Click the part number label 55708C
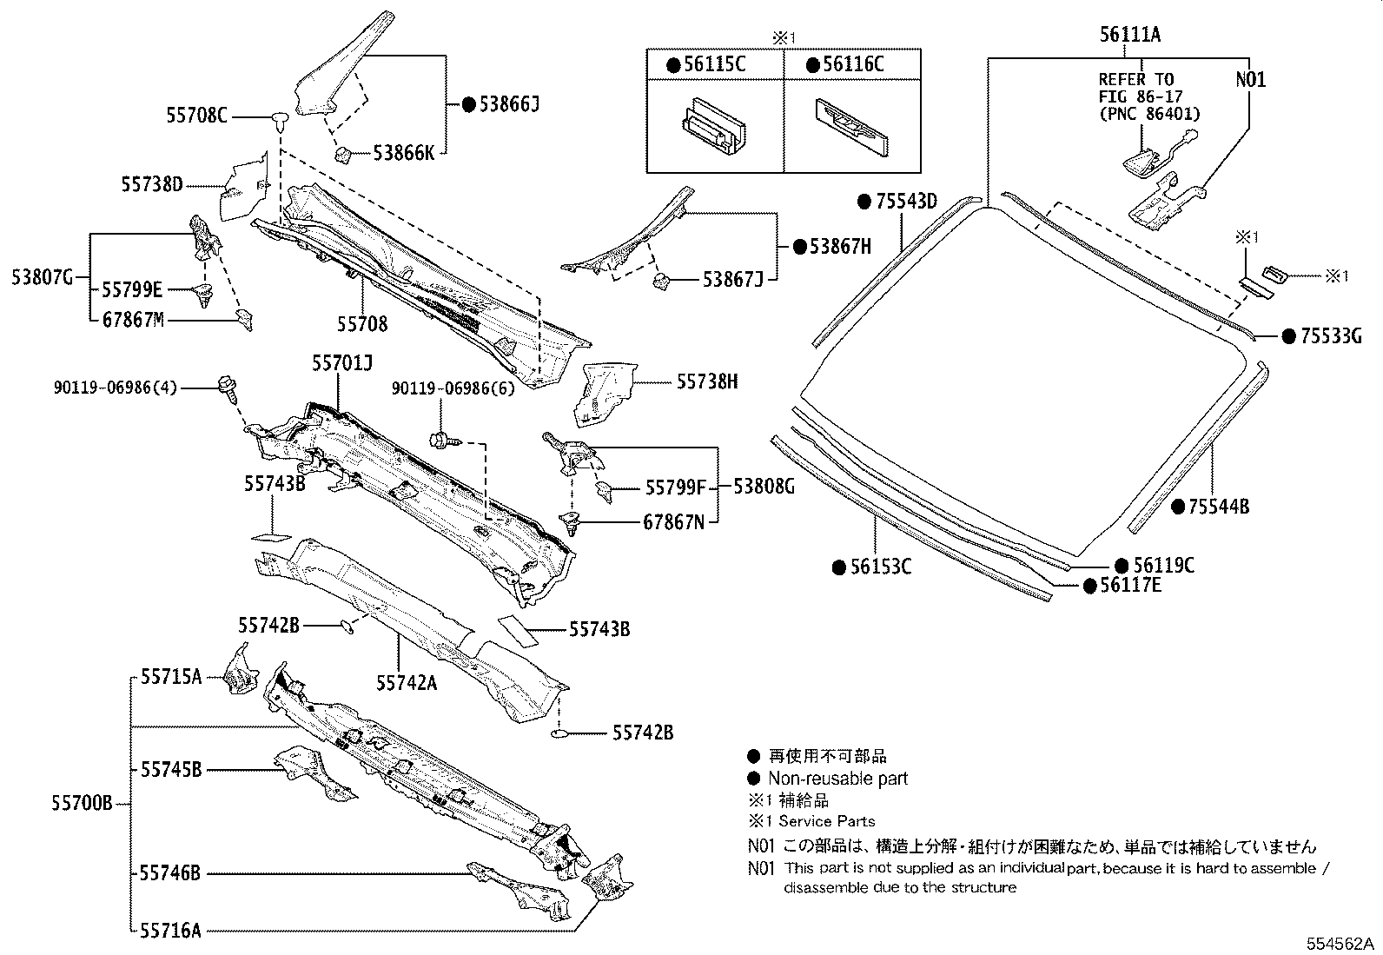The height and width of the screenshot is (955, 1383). [196, 114]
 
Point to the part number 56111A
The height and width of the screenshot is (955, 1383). [1130, 35]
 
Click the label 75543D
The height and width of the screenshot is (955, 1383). [906, 202]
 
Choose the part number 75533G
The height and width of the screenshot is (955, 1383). [1330, 336]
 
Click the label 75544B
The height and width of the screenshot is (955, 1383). [1218, 506]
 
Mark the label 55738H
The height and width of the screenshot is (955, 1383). [707, 381]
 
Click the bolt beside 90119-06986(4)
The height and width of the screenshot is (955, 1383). [229, 388]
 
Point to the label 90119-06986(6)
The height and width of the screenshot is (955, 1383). [453, 388]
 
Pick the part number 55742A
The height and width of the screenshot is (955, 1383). [407, 683]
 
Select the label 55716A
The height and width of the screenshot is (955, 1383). [170, 931]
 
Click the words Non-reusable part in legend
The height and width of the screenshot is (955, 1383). [837, 779]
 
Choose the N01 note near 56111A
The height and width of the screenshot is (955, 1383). [1250, 79]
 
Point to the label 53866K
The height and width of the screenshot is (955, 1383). [404, 152]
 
